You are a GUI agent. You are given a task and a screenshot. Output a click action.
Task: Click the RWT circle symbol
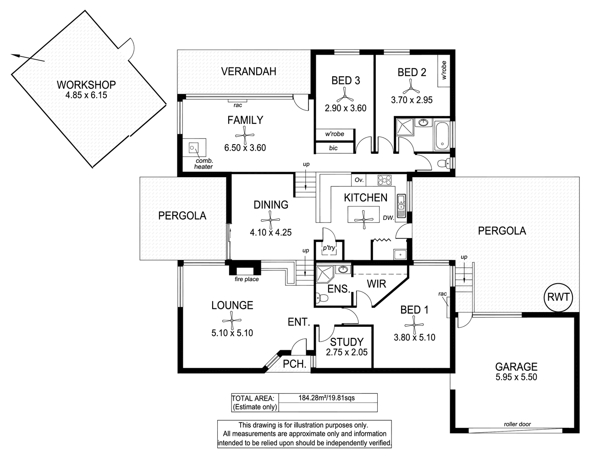[558, 297]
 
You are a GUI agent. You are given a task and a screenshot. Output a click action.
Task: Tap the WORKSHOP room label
[86, 84]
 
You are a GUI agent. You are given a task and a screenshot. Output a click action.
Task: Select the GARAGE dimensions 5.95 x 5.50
[516, 377]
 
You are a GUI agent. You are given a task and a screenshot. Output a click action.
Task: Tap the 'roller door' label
[517, 424]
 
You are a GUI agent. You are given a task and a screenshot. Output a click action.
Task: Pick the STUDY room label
[347, 342]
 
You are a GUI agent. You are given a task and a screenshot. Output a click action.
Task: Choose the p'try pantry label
[329, 248]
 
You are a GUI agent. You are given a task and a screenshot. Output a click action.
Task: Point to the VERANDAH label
[248, 72]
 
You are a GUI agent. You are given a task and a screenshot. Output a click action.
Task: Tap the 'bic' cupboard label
[333, 148]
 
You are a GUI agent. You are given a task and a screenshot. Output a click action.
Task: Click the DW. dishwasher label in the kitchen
[389, 218]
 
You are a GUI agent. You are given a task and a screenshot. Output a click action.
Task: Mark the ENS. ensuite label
[339, 289]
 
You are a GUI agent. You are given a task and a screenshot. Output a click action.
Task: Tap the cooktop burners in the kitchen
[384, 179]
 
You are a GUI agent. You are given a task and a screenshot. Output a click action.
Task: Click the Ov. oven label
[359, 179]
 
